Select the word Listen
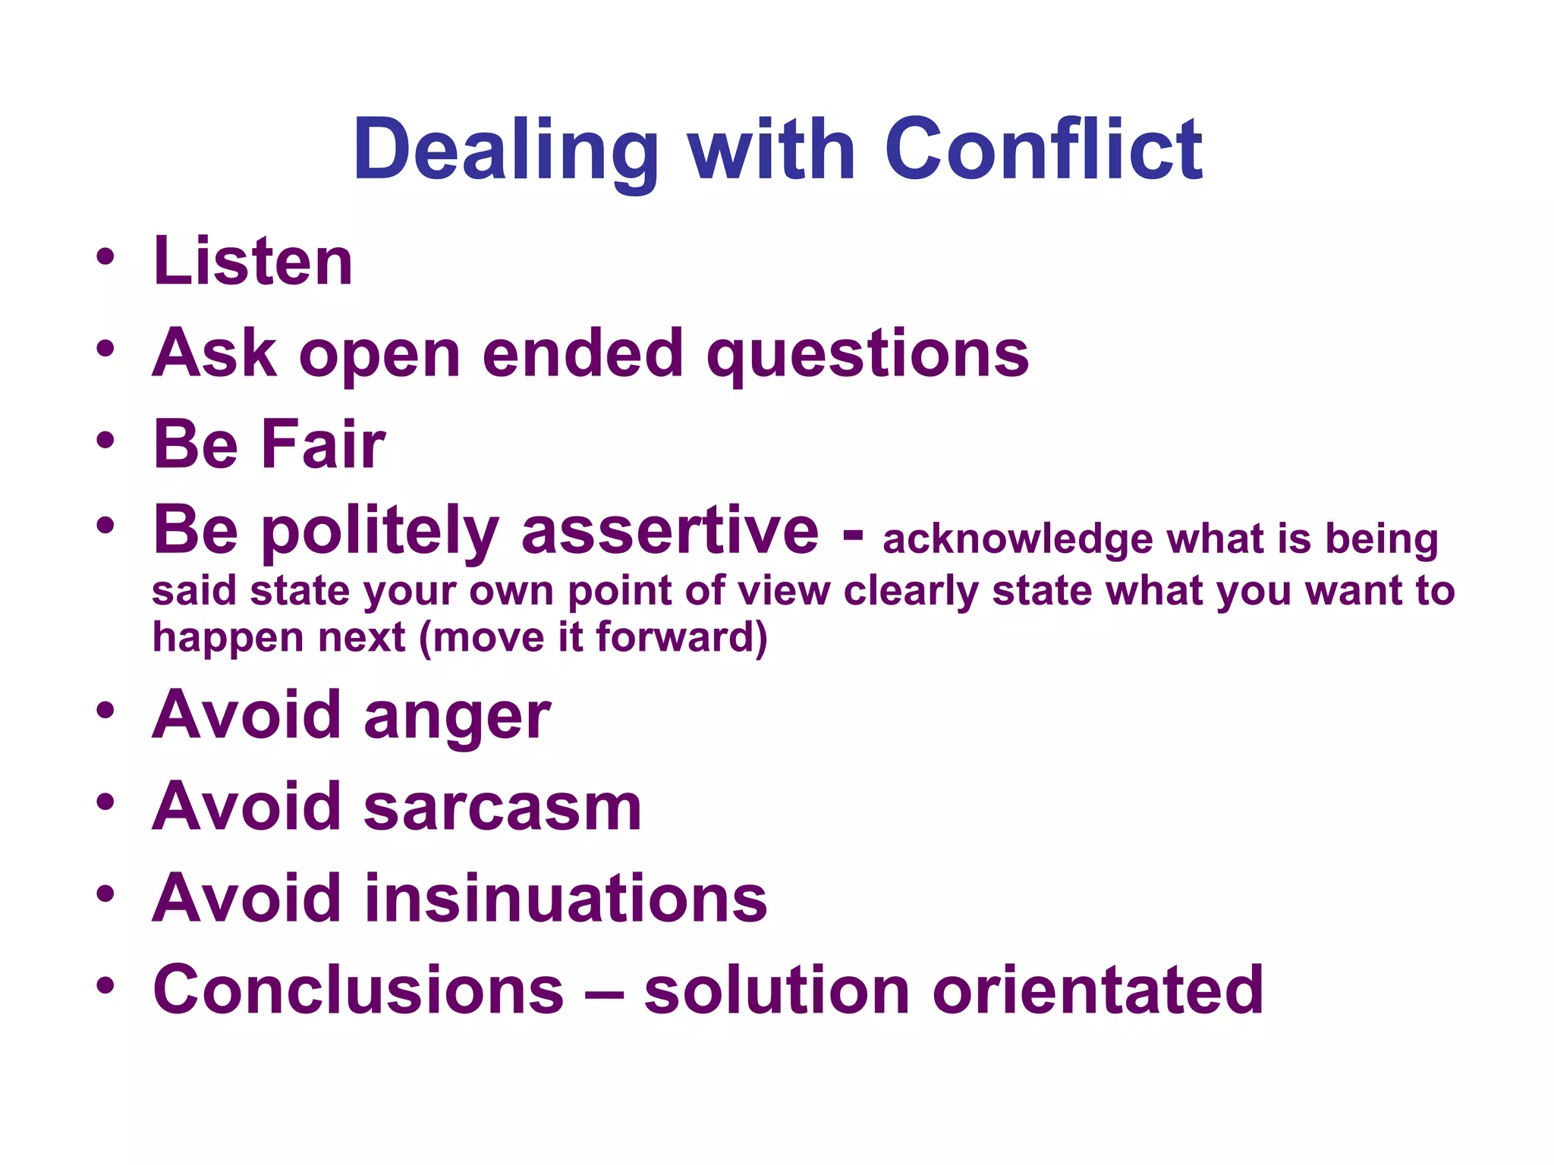(x=253, y=262)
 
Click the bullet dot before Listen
(x=105, y=257)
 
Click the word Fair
(x=323, y=444)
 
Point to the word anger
(x=458, y=717)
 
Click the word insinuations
(x=566, y=899)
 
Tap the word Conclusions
(x=359, y=990)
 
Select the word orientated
(x=1098, y=990)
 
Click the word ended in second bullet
(x=583, y=353)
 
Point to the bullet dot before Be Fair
(x=105, y=440)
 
